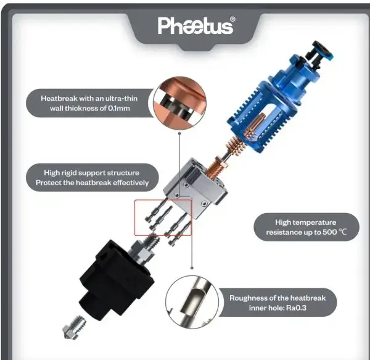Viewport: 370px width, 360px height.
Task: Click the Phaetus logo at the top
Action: tap(195, 26)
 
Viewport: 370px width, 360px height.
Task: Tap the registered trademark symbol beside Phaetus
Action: tap(232, 19)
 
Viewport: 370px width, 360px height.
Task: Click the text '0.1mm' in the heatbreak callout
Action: tap(119, 108)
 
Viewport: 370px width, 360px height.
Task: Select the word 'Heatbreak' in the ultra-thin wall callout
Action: tap(59, 98)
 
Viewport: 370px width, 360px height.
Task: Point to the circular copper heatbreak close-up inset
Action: tap(179, 103)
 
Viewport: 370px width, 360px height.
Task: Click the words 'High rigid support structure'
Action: tap(91, 173)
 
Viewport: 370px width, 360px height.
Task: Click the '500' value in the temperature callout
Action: tap(330, 232)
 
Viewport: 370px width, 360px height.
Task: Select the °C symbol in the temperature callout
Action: tap(343, 232)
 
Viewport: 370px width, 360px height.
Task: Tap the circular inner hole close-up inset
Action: tap(192, 302)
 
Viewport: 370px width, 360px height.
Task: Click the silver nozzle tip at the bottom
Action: tap(73, 327)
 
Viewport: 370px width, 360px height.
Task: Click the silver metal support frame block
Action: tap(196, 188)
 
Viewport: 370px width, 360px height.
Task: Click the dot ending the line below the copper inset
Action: tap(179, 133)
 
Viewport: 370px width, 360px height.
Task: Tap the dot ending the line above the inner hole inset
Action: tap(192, 267)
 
